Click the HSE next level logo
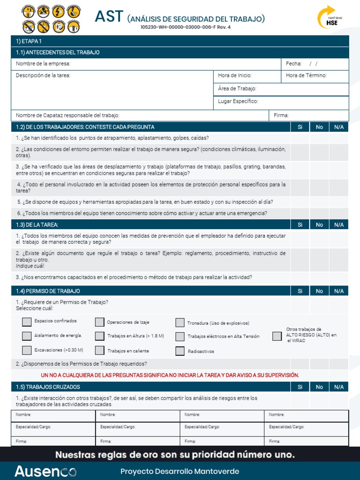tap(328, 18)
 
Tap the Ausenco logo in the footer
tap(45, 471)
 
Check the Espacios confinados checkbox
tap(27, 322)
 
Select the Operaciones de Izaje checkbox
tap(99, 322)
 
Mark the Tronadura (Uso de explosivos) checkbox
tap(180, 322)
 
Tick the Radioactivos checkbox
tap(180, 351)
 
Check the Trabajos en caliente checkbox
tap(99, 350)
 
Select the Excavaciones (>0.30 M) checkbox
tap(27, 350)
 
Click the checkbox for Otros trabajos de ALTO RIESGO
tap(277, 336)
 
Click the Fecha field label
tap(293, 64)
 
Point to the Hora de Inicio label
tap(235, 75)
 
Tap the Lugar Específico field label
tap(238, 101)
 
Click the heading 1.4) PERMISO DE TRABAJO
tap(48, 291)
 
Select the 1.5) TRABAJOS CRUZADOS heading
tap(48, 387)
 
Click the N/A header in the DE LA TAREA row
tap(338, 225)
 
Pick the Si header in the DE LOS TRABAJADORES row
tap(300, 127)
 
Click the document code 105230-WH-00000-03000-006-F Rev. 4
tap(186, 27)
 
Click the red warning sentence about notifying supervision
tap(170, 375)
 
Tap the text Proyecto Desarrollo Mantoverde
tap(180, 471)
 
